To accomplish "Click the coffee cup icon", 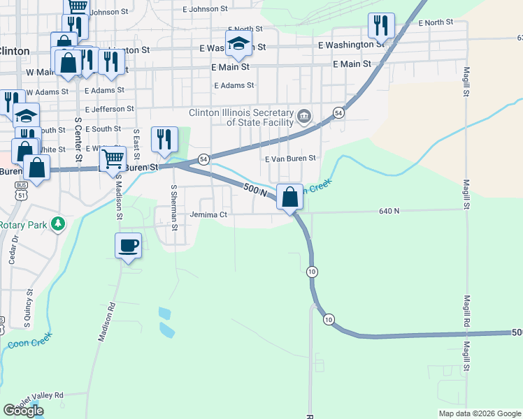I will (x=128, y=247).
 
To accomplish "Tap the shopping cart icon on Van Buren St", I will (x=112, y=158).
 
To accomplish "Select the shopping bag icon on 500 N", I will (x=289, y=196).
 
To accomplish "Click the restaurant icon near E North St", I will (x=380, y=26).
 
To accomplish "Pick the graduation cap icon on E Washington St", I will (x=238, y=43).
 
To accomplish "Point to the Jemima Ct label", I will (x=208, y=215).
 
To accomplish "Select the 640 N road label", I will (x=389, y=210).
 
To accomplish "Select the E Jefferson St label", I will (x=109, y=110).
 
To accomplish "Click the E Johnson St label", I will (x=205, y=10).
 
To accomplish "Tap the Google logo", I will (x=23, y=411).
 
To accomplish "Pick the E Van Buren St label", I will (x=291, y=159).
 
